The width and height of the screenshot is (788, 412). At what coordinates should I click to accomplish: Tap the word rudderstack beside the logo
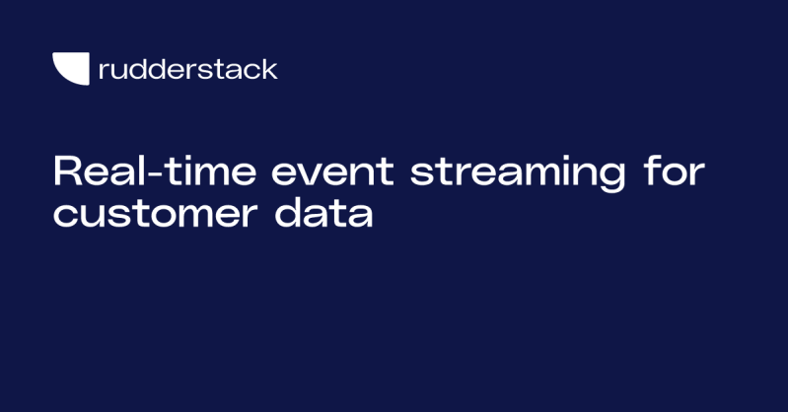point(188,69)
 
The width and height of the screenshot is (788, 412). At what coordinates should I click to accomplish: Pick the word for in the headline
point(675,173)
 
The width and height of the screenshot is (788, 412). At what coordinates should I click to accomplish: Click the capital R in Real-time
point(66,172)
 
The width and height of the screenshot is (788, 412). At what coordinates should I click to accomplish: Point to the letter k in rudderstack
point(269,69)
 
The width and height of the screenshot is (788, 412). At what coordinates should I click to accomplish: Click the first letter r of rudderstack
point(104,71)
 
